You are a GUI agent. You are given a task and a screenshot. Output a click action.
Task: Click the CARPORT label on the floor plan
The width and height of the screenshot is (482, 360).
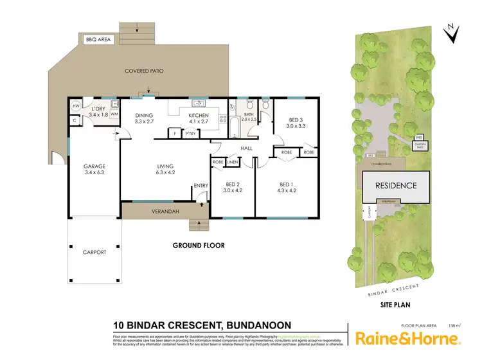coord(94,252)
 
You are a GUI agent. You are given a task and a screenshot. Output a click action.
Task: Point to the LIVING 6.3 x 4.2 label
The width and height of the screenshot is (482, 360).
coord(165,168)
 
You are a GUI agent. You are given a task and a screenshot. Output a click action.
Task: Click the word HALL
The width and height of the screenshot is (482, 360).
coord(246,149)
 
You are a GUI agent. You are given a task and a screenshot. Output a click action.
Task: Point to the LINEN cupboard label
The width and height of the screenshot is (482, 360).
coord(232,162)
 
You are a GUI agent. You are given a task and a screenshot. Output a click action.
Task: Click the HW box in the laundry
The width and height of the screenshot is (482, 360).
coord(75,106)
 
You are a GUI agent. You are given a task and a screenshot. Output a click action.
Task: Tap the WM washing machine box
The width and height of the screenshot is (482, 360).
coord(114,114)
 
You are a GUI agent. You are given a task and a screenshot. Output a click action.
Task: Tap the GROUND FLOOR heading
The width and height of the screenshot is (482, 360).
coord(198,246)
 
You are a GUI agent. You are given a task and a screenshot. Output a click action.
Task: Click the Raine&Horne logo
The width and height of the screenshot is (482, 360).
coord(407,338)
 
